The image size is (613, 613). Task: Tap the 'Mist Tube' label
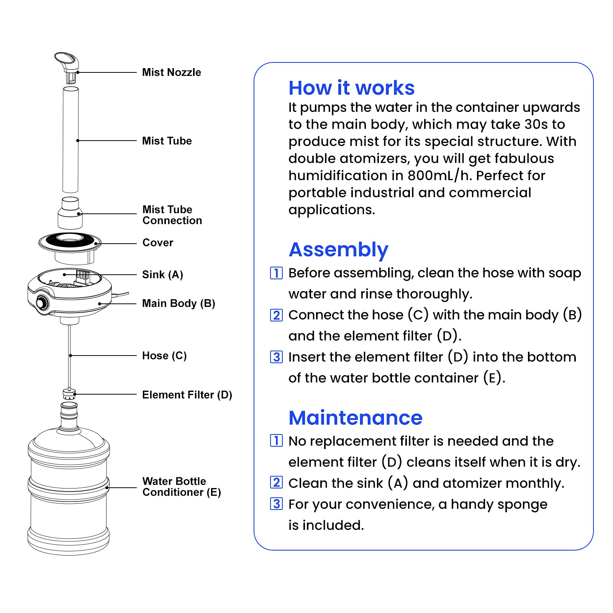pyautogui.click(x=167, y=141)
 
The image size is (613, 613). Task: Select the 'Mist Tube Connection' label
pyautogui.click(x=172, y=215)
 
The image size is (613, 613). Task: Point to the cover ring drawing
pyautogui.click(x=70, y=242)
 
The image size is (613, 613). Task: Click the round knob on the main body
pyautogui.click(x=41, y=303)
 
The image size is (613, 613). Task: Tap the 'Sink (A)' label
pyautogui.click(x=162, y=275)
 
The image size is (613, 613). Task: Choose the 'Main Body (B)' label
pyautogui.click(x=179, y=303)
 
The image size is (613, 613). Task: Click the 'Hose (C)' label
pyautogui.click(x=164, y=356)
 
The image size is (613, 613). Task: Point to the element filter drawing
pyautogui.click(x=69, y=394)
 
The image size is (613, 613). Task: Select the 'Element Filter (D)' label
pyautogui.click(x=187, y=395)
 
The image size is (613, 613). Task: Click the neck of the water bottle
pyautogui.click(x=69, y=416)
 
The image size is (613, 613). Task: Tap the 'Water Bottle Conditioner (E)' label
pyautogui.click(x=182, y=487)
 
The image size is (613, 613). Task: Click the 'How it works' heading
pyautogui.click(x=351, y=88)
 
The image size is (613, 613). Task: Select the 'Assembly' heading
pyautogui.click(x=338, y=250)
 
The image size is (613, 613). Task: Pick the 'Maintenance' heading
pyautogui.click(x=355, y=418)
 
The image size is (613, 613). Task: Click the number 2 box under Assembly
pyautogui.click(x=276, y=315)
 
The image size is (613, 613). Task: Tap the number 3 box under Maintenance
pyautogui.click(x=276, y=504)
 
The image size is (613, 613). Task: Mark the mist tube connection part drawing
pyautogui.click(x=70, y=213)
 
